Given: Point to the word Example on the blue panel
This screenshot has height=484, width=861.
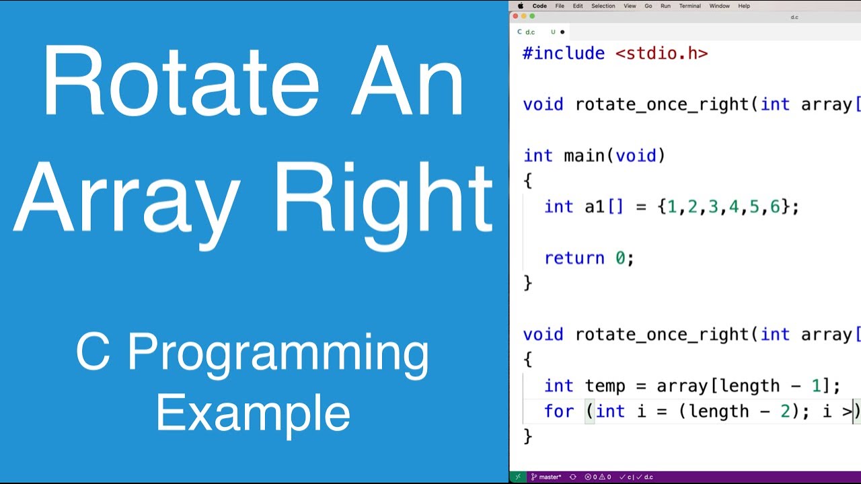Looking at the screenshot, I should [253, 413].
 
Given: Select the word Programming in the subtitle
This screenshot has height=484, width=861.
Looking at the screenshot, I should [278, 352].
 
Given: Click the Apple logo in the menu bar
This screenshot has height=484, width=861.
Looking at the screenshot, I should [520, 6].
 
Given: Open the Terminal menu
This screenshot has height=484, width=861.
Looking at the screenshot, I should [689, 6].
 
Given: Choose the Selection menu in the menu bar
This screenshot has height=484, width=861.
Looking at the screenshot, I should [603, 6].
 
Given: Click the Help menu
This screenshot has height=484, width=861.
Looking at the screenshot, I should [744, 6].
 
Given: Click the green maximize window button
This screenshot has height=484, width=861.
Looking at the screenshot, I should [532, 16].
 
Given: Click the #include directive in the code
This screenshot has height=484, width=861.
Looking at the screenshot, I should [563, 54].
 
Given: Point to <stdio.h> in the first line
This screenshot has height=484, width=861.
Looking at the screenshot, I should [661, 54].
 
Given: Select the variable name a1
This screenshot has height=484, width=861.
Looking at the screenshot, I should [595, 207].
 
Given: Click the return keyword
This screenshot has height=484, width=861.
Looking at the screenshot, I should [574, 258].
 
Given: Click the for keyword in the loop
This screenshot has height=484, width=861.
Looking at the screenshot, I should [559, 411].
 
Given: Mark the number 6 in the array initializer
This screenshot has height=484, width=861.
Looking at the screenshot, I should [775, 207].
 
